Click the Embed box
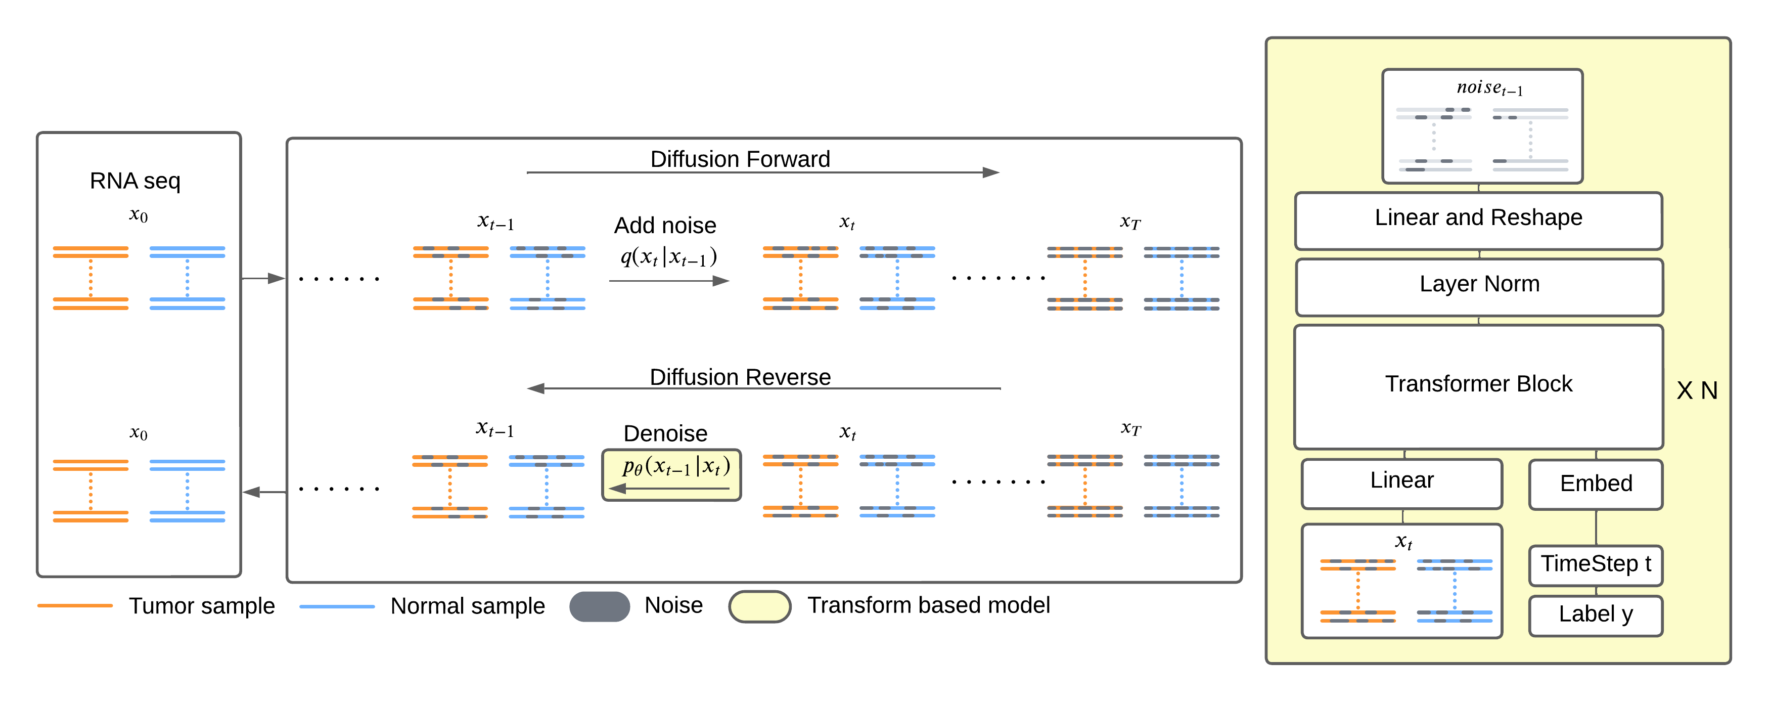click(1596, 484)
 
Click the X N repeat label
click(1697, 390)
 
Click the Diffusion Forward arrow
click(763, 172)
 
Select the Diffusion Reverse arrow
click(763, 388)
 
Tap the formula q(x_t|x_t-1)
click(668, 257)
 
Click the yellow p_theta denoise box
click(671, 474)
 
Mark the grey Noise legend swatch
click(599, 606)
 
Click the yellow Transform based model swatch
click(759, 606)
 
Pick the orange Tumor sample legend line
click(75, 606)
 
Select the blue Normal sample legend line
click(337, 606)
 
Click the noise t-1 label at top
click(1489, 88)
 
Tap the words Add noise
click(664, 226)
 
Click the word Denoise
click(664, 433)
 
